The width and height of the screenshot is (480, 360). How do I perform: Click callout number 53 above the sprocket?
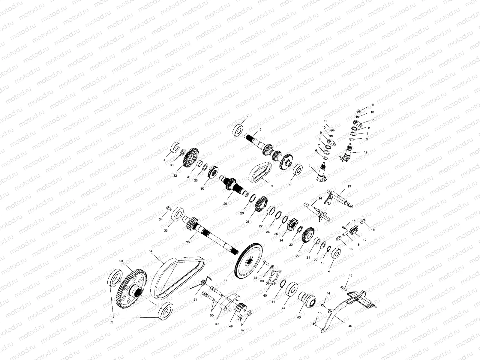(x=121, y=261)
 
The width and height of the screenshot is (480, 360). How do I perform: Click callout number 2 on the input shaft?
(x=260, y=130)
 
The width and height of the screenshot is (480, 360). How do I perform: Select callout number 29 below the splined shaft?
(x=225, y=203)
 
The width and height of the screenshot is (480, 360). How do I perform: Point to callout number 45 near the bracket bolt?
(x=350, y=275)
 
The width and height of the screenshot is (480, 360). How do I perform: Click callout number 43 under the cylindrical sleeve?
(x=299, y=317)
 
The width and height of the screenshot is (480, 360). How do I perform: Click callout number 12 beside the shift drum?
(x=365, y=152)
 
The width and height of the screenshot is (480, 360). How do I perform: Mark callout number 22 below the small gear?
(x=298, y=256)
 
